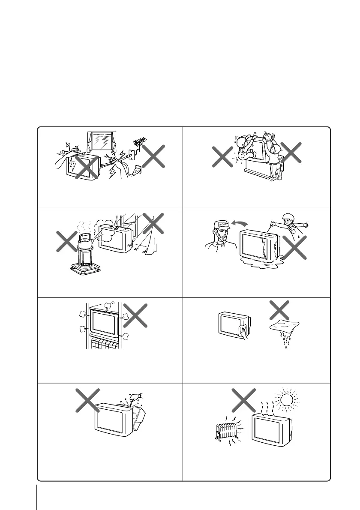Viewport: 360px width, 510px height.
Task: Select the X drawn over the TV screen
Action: (x=86, y=167)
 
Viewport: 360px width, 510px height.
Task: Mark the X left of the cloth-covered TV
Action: (x=88, y=401)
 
